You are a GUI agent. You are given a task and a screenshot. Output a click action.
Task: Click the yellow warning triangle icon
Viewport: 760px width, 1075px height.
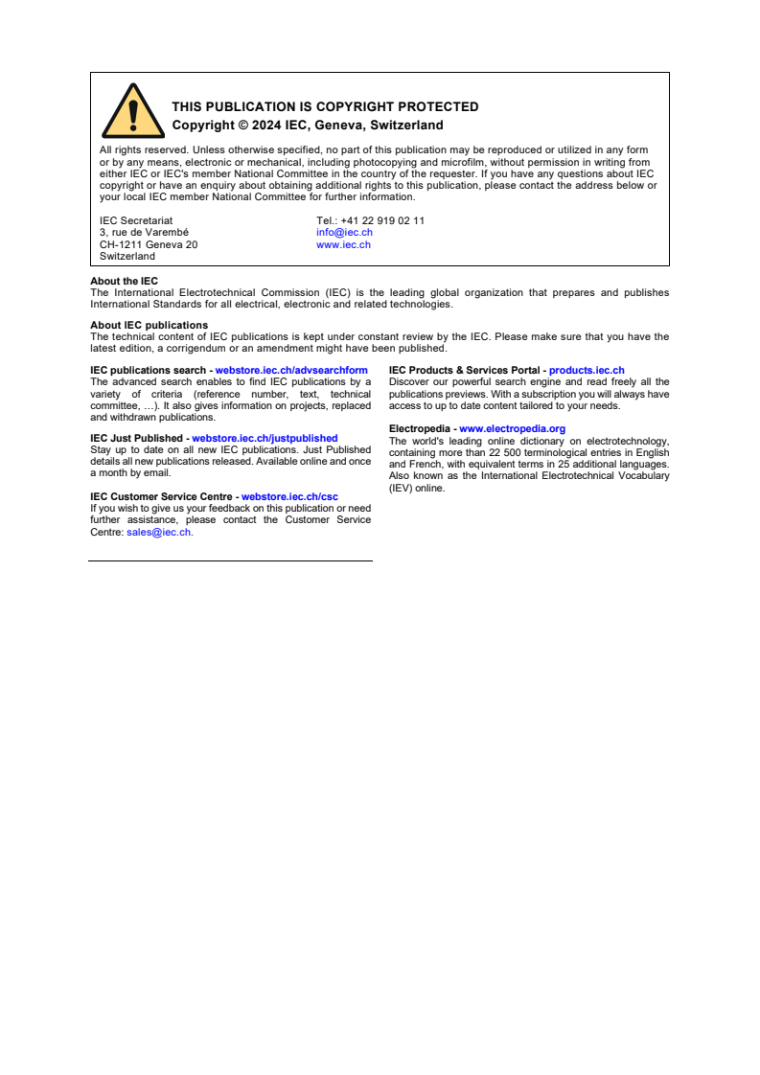click(132, 113)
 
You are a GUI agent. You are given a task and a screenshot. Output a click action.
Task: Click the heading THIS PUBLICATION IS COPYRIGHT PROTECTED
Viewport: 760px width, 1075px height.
click(325, 106)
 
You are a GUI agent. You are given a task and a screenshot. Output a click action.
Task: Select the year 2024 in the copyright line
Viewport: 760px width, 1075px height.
click(266, 126)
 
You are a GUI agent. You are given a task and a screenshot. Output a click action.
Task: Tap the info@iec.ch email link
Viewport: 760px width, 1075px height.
click(344, 233)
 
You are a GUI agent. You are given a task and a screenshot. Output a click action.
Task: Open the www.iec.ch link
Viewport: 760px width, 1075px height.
click(343, 244)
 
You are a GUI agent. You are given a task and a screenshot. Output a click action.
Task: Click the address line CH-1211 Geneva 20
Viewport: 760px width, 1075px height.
click(149, 244)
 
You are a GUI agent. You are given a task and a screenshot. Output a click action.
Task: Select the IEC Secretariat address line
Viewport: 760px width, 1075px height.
click(136, 220)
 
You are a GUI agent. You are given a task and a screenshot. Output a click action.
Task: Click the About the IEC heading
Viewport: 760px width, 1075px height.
click(124, 281)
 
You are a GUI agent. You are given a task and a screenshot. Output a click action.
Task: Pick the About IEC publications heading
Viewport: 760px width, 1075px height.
click(149, 325)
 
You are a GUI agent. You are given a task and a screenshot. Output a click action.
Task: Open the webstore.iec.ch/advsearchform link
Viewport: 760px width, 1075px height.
click(291, 370)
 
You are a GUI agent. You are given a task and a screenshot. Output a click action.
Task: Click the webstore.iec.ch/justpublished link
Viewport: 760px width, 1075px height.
click(265, 438)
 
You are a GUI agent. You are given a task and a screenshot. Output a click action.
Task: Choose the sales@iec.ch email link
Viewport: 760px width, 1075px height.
click(159, 532)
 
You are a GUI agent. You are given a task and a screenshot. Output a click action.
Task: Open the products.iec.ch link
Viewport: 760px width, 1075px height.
click(587, 370)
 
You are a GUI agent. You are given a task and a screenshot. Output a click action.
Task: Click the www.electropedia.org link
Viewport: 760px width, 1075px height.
click(512, 428)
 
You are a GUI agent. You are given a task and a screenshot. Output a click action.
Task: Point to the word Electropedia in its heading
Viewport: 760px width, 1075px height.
click(419, 428)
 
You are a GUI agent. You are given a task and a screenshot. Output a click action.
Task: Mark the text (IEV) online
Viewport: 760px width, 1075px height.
click(417, 488)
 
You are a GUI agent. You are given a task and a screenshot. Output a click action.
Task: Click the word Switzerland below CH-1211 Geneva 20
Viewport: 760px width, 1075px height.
click(127, 256)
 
